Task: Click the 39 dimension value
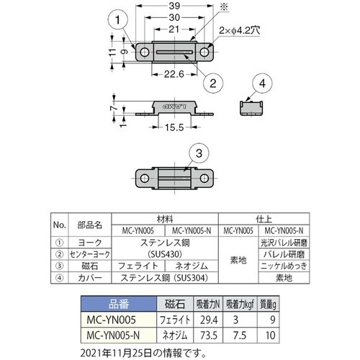tap(174, 6)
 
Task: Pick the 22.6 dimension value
tap(174, 74)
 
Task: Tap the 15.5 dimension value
tap(174, 127)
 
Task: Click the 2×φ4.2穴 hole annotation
tap(240, 30)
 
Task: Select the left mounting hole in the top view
tap(145, 52)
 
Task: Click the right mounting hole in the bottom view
tap(204, 179)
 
